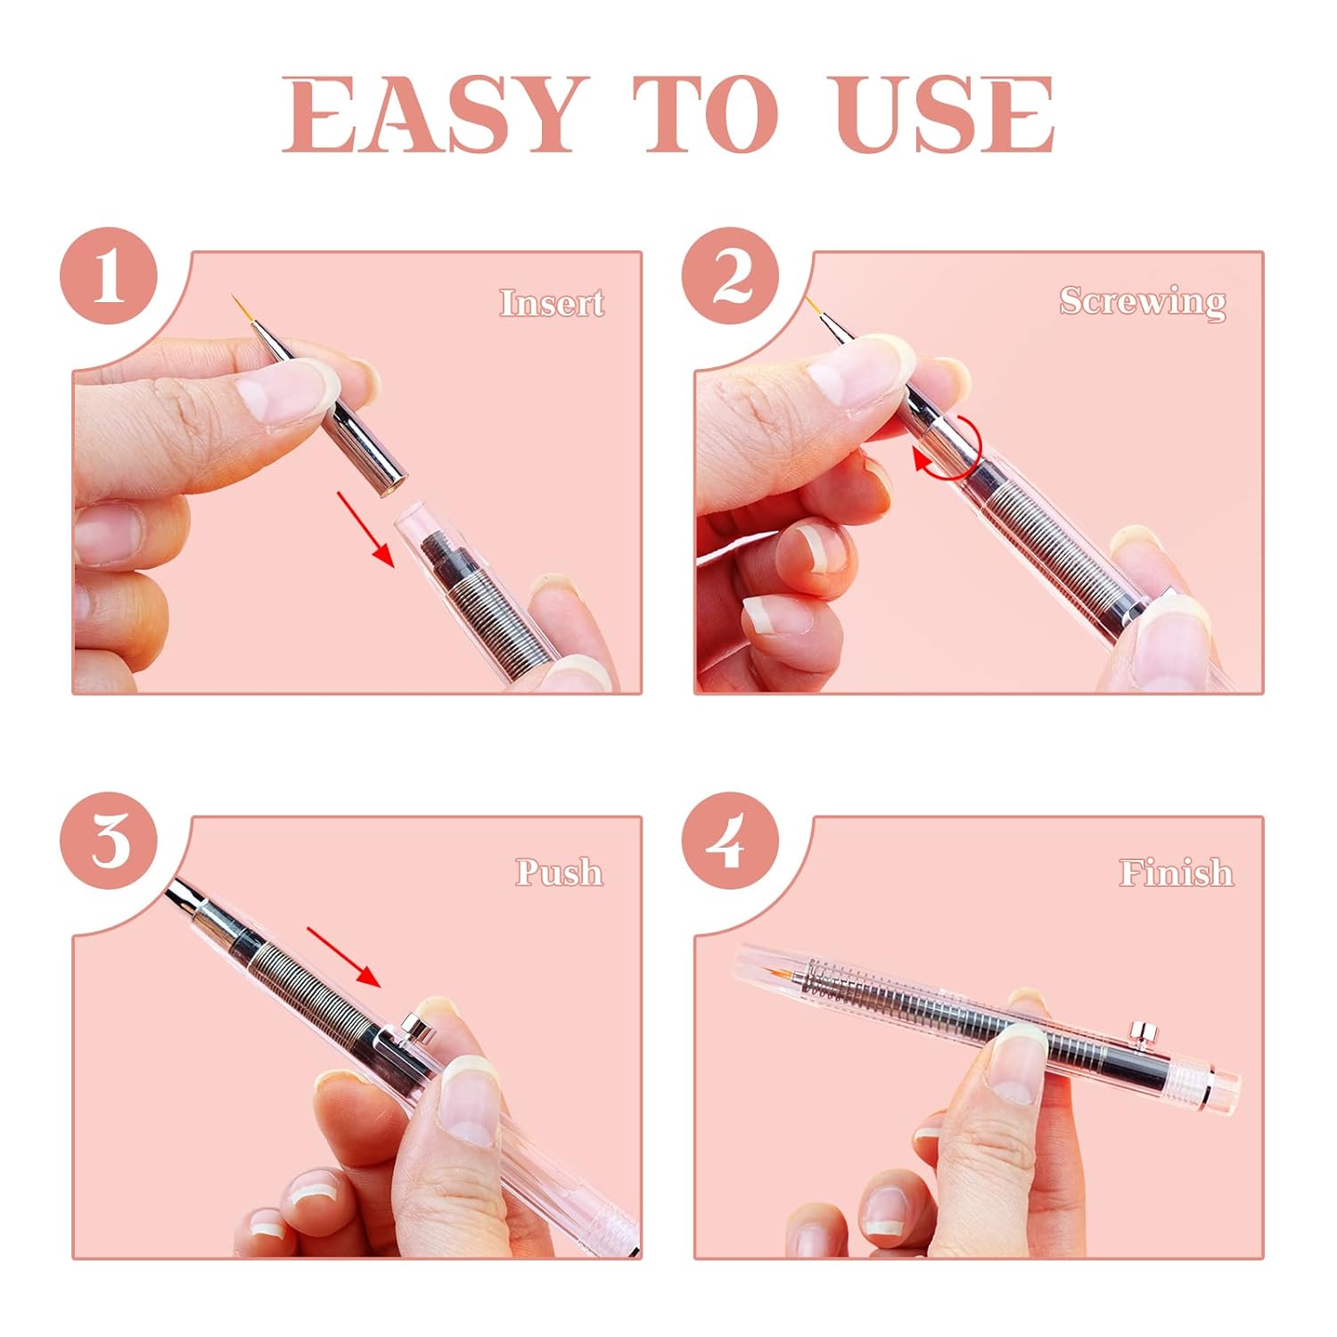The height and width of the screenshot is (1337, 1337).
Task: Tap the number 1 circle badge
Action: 109,275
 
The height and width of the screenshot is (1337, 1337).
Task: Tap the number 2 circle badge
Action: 731,275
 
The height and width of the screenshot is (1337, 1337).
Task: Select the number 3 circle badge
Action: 109,840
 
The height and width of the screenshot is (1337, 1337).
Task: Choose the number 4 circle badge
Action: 731,840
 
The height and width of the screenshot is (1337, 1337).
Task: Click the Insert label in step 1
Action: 551,303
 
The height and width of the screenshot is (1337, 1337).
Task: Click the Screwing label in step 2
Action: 1142,301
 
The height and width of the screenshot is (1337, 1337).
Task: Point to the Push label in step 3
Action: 559,872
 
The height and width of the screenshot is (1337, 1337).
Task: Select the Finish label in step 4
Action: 1176,872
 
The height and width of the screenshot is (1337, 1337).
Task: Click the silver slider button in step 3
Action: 414,1025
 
